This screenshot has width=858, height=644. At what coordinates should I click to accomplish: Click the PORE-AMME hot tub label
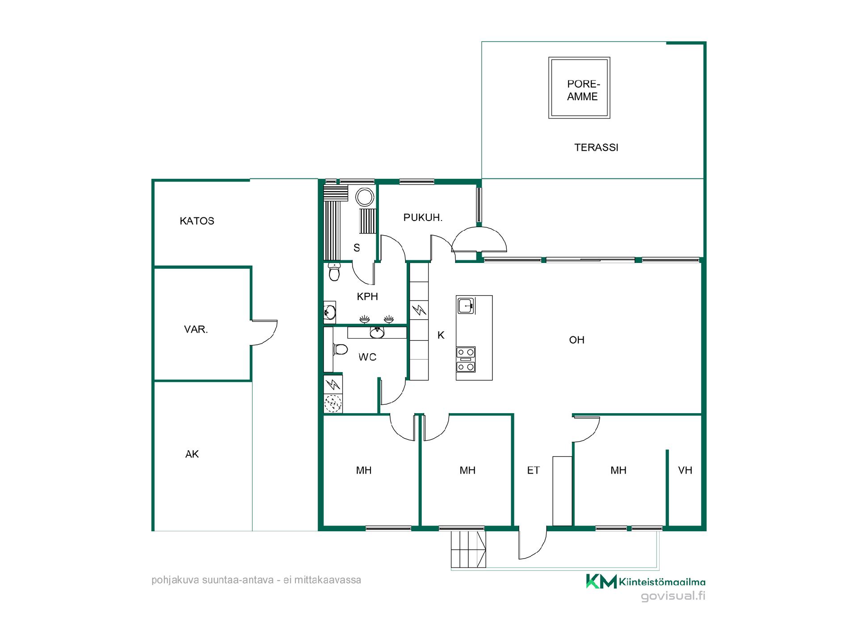click(x=583, y=90)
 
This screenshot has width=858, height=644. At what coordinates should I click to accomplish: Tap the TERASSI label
click(x=596, y=148)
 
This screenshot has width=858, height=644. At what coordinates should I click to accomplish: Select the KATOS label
click(x=197, y=221)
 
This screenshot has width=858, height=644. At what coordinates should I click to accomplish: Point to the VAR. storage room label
click(x=196, y=330)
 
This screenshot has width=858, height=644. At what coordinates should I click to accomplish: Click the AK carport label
click(x=192, y=454)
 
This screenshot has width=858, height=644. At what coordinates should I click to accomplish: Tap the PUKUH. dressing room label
click(x=423, y=218)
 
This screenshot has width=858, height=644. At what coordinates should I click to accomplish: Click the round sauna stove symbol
click(x=364, y=197)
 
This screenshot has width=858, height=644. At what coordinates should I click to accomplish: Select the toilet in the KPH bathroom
click(x=334, y=271)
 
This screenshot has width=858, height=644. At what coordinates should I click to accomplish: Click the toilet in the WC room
click(x=340, y=349)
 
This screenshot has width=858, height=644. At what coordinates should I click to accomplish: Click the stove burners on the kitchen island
click(x=466, y=360)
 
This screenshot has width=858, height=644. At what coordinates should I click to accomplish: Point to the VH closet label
click(x=685, y=470)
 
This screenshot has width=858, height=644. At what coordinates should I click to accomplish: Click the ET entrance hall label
click(x=533, y=470)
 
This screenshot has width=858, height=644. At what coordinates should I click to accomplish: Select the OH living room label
click(x=576, y=340)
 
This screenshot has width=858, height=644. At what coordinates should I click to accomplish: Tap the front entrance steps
click(x=468, y=549)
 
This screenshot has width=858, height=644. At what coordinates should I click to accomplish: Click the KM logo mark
click(x=601, y=581)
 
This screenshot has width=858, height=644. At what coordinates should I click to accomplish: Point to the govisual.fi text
click(x=673, y=596)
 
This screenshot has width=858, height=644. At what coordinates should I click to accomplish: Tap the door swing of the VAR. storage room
click(x=264, y=332)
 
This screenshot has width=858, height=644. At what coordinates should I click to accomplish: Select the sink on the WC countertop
click(x=377, y=332)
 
